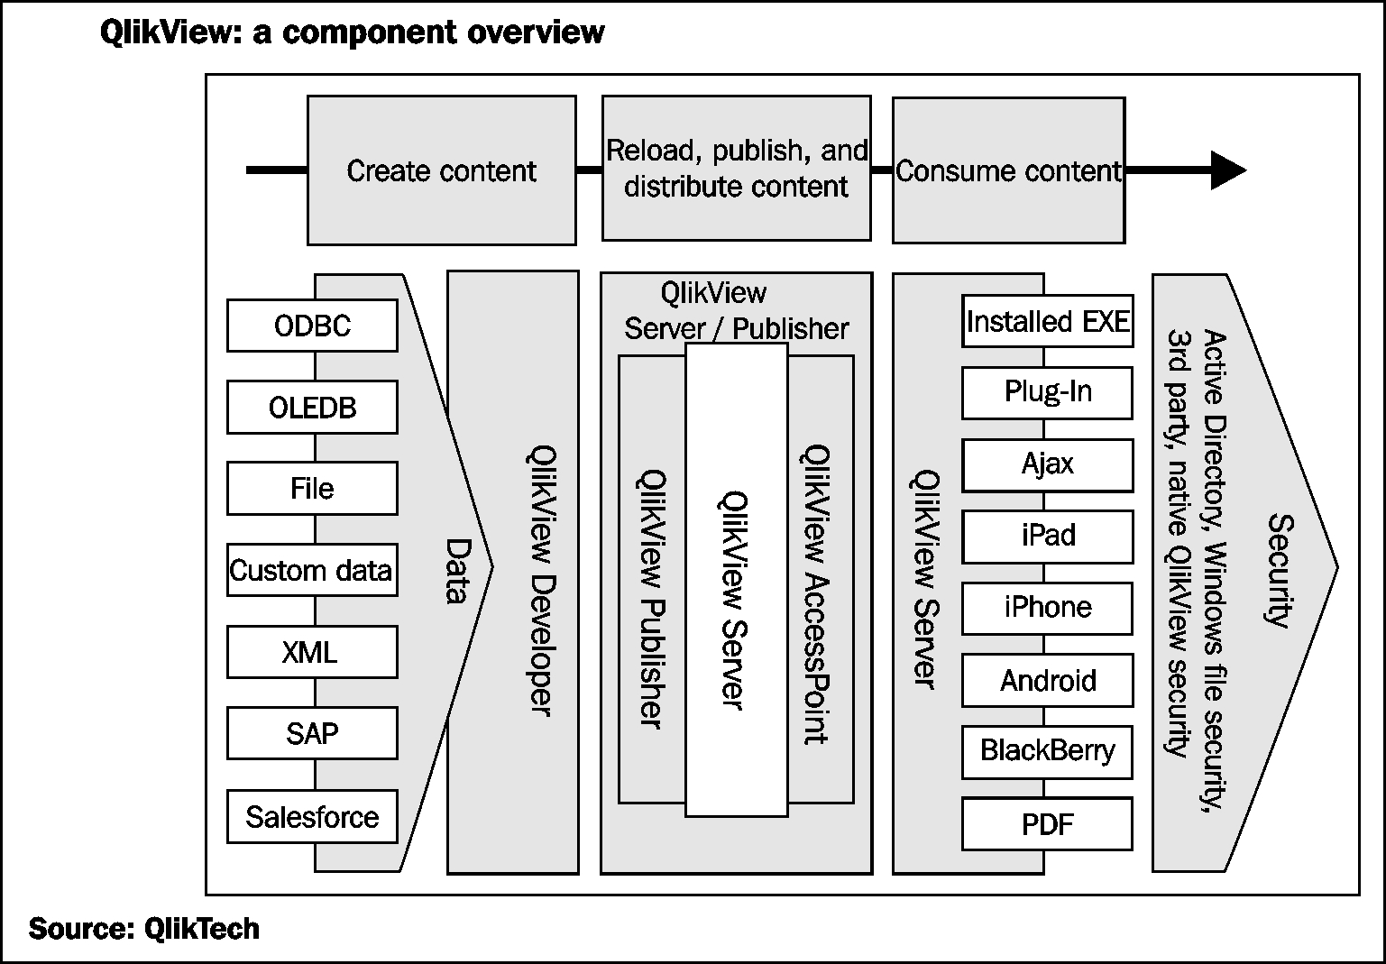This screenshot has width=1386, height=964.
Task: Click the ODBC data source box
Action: click(312, 326)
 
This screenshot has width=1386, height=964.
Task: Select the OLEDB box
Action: click(312, 408)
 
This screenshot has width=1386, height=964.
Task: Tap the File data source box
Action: click(312, 489)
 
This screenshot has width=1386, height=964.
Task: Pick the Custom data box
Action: click(312, 571)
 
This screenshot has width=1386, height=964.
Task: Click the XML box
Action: click(312, 652)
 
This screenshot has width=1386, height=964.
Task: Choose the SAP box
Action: click(312, 733)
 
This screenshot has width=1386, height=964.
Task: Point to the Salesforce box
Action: click(312, 817)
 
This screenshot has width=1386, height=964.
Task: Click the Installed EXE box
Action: click(1047, 321)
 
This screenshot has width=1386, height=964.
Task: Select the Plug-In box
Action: click(1047, 392)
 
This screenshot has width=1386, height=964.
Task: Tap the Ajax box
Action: click(1047, 464)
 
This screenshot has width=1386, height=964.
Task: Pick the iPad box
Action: click(1047, 536)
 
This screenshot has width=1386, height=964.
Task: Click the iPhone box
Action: click(1047, 608)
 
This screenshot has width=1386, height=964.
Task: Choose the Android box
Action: click(1047, 680)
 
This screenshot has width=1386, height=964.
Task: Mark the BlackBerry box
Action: click(1047, 751)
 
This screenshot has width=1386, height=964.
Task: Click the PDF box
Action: click(1047, 823)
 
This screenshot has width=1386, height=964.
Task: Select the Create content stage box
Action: click(442, 170)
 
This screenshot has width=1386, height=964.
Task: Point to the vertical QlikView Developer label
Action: click(540, 582)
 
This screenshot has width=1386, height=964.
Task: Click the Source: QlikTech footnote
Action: click(144, 929)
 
